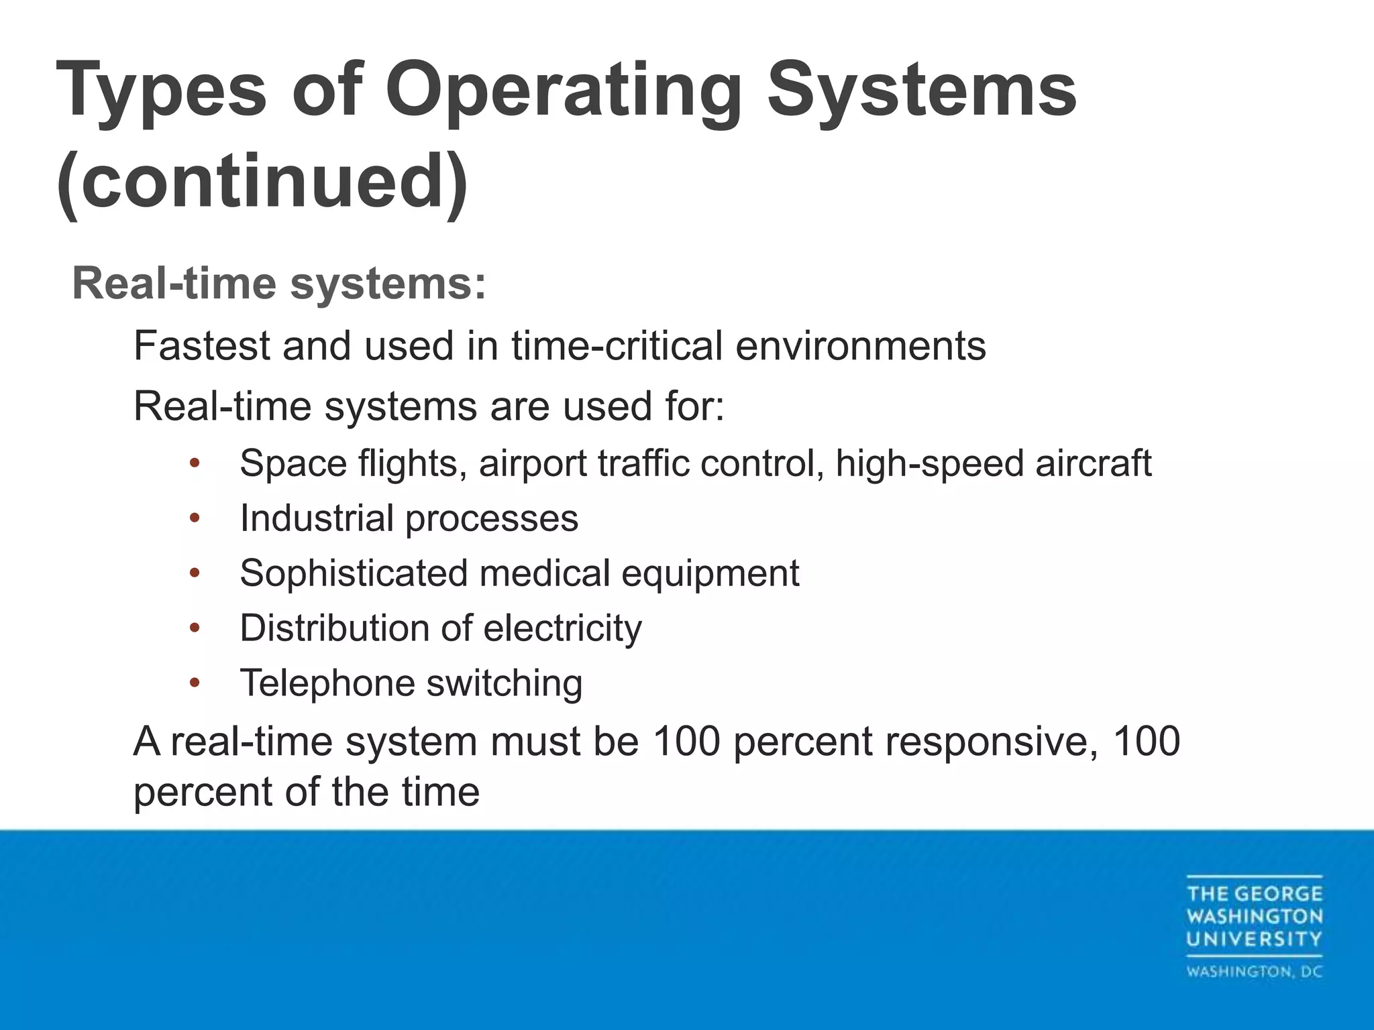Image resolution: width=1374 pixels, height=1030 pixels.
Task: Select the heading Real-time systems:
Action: coord(278,284)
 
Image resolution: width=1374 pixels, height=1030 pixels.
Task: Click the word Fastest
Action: coord(201,346)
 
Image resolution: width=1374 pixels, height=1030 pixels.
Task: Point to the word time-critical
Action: coord(617,346)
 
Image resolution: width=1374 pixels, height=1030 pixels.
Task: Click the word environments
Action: coord(861,346)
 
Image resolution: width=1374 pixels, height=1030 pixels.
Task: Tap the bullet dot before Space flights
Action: coord(195,463)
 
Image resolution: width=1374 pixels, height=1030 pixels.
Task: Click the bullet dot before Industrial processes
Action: coord(195,518)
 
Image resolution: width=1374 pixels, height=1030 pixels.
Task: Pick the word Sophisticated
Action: coord(354,574)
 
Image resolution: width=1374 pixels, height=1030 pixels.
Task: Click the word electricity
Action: coord(562,629)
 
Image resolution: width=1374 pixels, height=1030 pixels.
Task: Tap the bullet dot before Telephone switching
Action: coord(195,683)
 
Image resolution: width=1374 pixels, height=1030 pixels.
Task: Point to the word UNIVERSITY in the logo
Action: coord(1254,939)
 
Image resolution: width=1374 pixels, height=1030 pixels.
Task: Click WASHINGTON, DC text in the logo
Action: coord(1254,972)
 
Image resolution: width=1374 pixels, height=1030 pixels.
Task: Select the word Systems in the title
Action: coord(922,91)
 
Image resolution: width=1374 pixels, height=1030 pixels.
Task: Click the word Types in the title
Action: coord(162,91)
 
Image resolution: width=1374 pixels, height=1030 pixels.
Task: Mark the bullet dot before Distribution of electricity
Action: coord(195,628)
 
